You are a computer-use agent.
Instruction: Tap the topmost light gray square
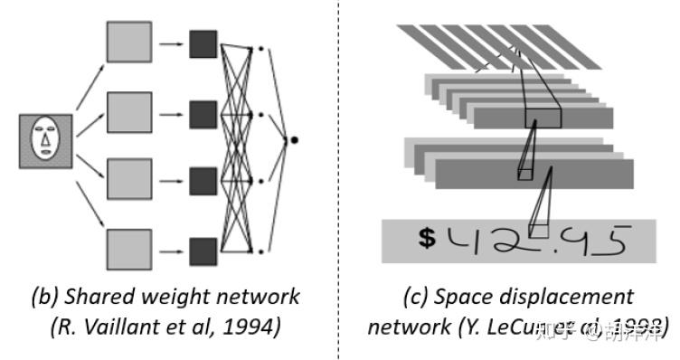129,43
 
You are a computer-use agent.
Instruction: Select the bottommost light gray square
129,250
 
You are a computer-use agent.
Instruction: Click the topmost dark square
203,43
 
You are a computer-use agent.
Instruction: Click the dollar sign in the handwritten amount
428,239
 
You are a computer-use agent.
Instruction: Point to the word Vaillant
116,326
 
